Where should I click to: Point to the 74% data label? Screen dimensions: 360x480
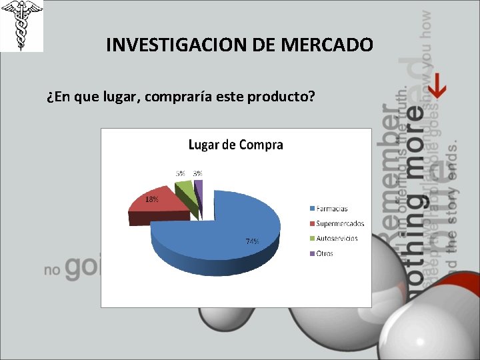(252, 241)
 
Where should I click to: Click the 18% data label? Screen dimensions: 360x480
(152, 199)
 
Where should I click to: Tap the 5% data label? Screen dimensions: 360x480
(181, 173)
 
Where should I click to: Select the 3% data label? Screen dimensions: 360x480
(198, 173)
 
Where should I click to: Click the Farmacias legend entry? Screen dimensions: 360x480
(331, 209)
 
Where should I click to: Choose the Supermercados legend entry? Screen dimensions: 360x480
(340, 223)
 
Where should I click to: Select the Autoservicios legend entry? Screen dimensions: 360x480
(337, 238)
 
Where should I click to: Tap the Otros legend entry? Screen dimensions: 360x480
(325, 253)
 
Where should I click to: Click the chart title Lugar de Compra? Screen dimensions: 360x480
(236, 145)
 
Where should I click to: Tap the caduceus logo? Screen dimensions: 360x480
(21, 26)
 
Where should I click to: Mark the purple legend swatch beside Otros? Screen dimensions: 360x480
(311, 253)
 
